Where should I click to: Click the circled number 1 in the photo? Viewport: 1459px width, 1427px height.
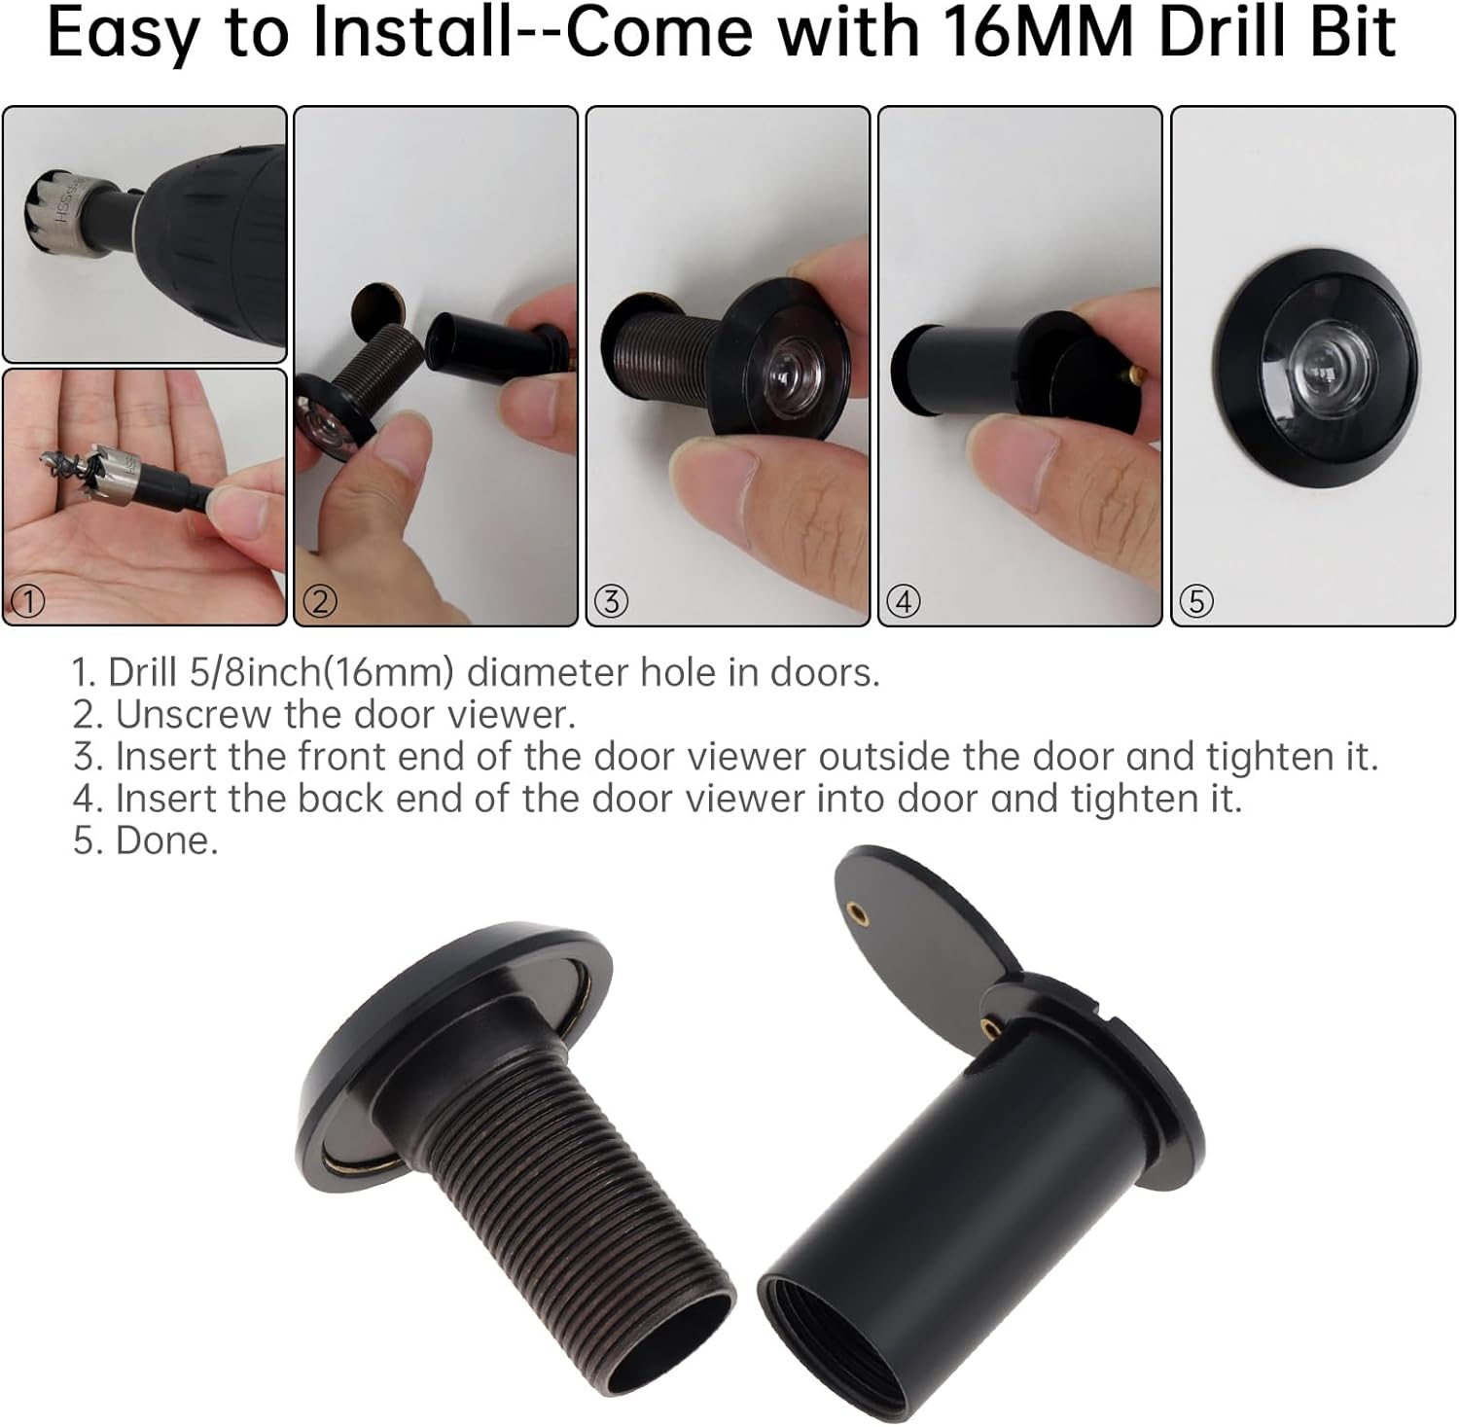coord(28,602)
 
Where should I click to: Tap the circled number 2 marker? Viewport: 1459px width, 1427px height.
coord(320,602)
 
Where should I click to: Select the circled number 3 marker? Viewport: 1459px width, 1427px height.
coord(611,602)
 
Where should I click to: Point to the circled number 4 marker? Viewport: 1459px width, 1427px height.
coord(904,602)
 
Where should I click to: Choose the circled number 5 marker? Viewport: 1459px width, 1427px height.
coord(1195,602)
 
